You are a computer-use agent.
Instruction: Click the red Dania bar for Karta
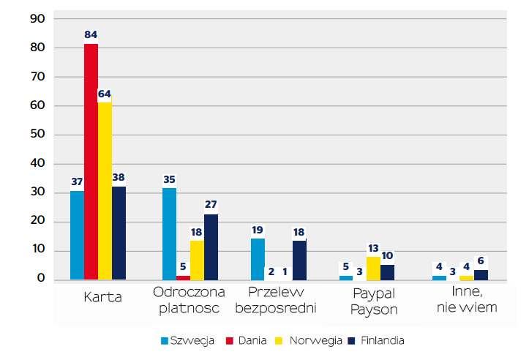(x=91, y=161)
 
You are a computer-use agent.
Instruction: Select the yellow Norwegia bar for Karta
(x=105, y=190)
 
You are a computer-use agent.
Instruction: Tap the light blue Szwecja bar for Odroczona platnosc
(x=169, y=233)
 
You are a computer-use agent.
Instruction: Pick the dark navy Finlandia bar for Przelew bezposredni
(x=299, y=260)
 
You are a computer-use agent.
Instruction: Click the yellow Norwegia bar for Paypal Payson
(x=373, y=269)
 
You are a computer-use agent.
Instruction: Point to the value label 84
(x=91, y=34)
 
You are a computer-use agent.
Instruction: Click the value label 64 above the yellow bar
(x=105, y=94)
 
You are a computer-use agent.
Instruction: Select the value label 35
(x=169, y=178)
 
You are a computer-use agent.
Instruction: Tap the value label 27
(x=211, y=204)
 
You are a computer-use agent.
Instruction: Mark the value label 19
(x=258, y=230)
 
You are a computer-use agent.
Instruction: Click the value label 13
(x=374, y=247)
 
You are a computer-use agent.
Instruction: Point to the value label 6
(x=481, y=260)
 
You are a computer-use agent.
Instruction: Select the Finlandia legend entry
(x=376, y=340)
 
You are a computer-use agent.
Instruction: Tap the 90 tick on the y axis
(x=37, y=18)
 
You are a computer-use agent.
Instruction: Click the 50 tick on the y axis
(x=37, y=135)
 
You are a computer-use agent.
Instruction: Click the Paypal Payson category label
(x=373, y=301)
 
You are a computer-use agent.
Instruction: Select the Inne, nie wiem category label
(x=466, y=300)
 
